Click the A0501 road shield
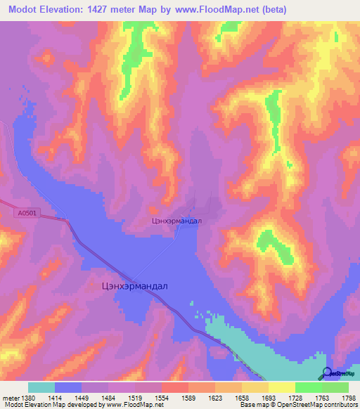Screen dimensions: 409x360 pos(25,212)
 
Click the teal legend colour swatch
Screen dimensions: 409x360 pos(41,387)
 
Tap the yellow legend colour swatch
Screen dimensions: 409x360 pos(282,387)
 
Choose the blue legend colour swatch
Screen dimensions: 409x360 pos(68,387)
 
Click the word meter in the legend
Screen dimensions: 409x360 pos(11,396)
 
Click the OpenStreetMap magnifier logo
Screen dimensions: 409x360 pos(326,373)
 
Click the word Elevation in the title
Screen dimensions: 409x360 pos(72,9)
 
